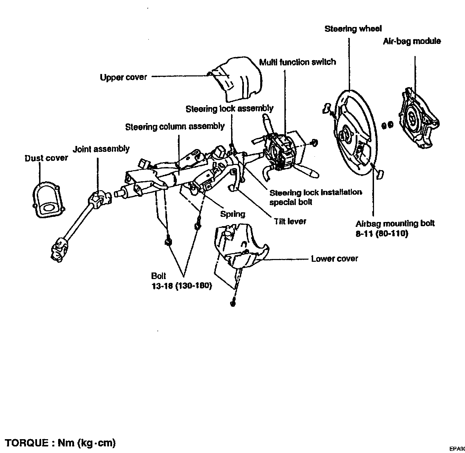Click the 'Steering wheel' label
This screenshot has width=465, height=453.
pos(353,29)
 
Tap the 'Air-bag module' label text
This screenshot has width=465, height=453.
pos(412,41)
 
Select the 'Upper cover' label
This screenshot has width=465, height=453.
pos(123,77)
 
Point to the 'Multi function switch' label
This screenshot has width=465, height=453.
pos(298,62)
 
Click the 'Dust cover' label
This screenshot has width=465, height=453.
pos(46,158)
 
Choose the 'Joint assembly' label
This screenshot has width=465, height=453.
pos(101,149)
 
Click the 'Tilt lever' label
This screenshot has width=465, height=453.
pos(290,221)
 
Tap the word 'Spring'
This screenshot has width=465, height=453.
pos(232,214)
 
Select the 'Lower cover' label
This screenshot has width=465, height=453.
pos(334,259)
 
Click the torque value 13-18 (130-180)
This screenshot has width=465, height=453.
pos(181,286)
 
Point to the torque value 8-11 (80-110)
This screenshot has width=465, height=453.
pos(382,234)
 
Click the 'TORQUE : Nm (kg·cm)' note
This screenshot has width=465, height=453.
pos(60,443)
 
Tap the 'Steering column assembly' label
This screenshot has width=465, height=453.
pos(175,127)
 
